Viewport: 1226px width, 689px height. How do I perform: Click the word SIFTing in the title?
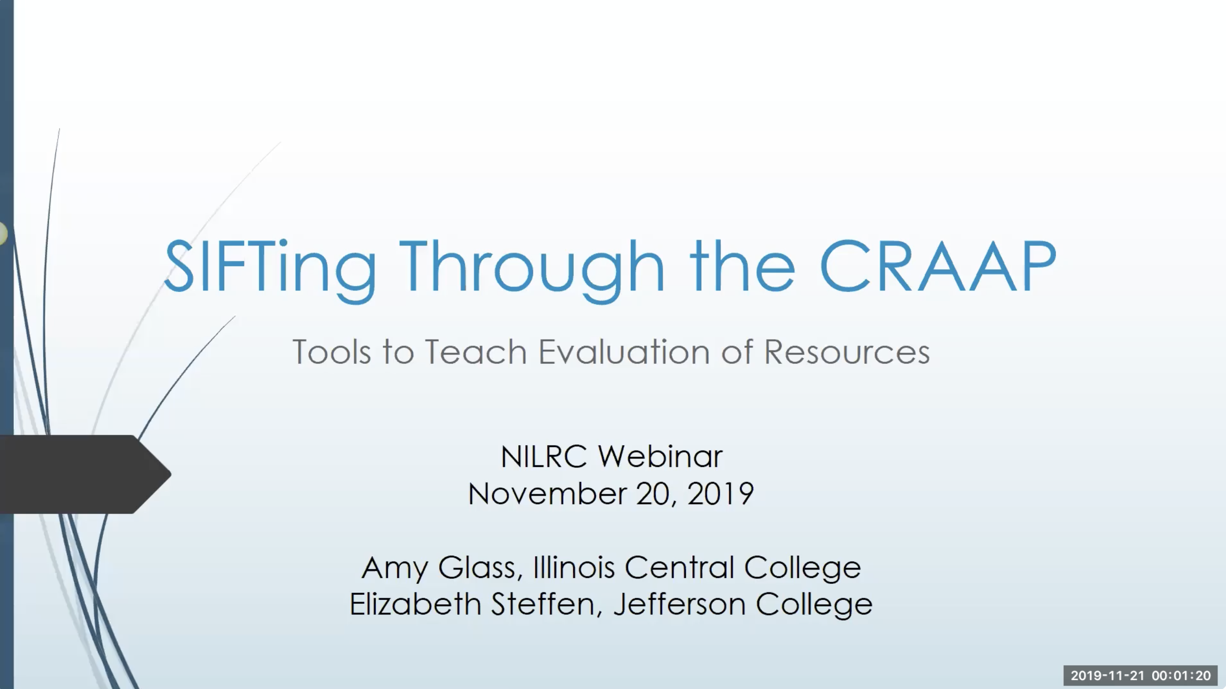[x=270, y=268]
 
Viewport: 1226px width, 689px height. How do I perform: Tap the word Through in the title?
[x=531, y=268]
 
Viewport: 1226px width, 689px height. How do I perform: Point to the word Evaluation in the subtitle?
[x=625, y=352]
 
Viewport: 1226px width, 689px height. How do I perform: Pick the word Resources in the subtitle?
[x=847, y=352]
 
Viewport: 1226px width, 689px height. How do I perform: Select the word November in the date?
[x=548, y=494]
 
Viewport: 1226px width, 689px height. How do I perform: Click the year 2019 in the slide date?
[x=720, y=494]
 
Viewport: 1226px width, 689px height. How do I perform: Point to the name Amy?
[x=395, y=568]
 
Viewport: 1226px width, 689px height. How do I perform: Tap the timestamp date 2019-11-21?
[x=1107, y=676]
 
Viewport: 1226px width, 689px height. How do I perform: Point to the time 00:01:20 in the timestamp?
[x=1181, y=676]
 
